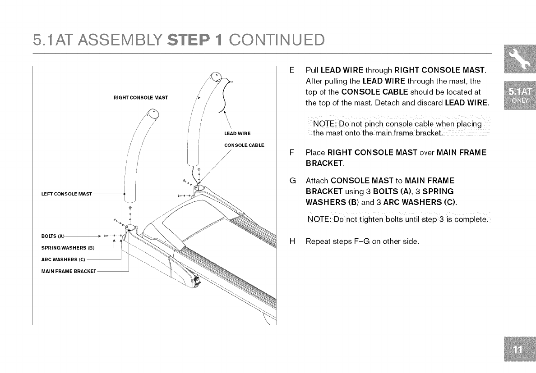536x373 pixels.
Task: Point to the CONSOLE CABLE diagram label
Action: click(244, 145)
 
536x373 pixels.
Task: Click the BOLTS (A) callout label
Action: click(53, 236)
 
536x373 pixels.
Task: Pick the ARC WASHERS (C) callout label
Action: click(63, 259)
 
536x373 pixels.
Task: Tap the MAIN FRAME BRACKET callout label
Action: click(68, 271)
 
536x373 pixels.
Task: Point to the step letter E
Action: click(292, 71)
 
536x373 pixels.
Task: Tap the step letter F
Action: click(292, 153)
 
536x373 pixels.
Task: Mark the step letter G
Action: click(292, 182)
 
